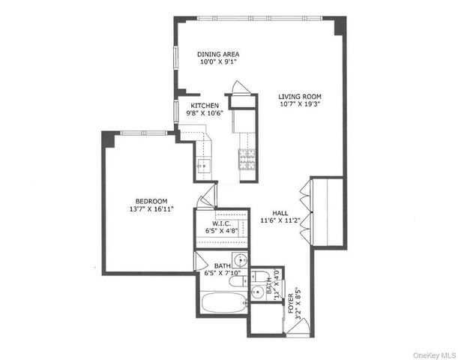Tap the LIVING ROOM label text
pyautogui.click(x=299, y=96)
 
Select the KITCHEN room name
pyautogui.click(x=205, y=106)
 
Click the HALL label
pyautogui.click(x=280, y=212)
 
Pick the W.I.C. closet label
pyautogui.click(x=221, y=223)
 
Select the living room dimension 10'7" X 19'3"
pyautogui.click(x=299, y=105)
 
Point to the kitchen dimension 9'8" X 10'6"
pyautogui.click(x=205, y=114)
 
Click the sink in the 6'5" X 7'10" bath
pyautogui.click(x=238, y=262)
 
